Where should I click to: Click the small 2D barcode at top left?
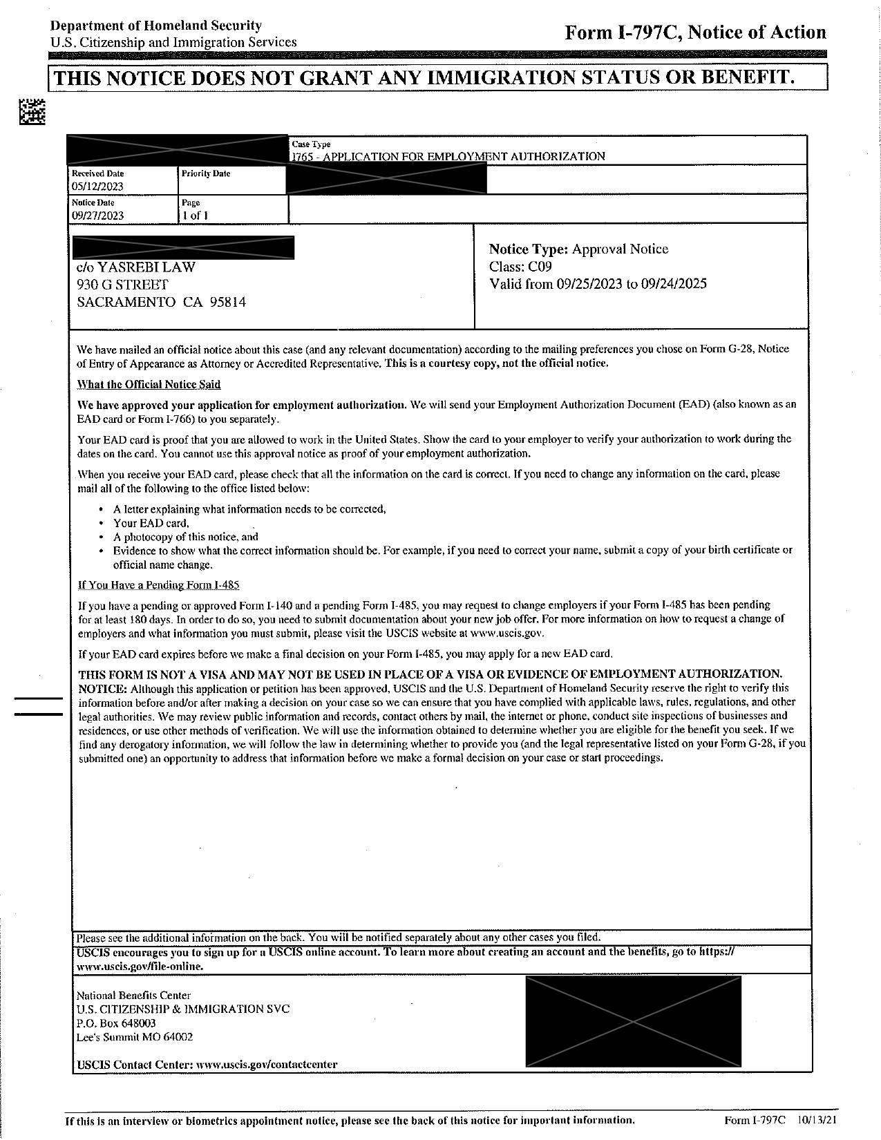pos(32,112)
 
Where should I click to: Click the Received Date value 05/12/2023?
pos(97,187)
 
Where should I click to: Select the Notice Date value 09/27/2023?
pos(97,216)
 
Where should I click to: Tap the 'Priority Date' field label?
pos(205,173)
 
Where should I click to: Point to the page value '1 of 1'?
pos(195,216)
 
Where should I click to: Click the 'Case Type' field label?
pos(311,144)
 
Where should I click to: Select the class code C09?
pos(540,267)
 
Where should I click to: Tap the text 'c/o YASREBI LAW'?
pos(136,267)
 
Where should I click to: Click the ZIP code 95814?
pos(228,302)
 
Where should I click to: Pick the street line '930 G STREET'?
pos(122,285)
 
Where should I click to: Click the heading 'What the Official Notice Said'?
pos(149,384)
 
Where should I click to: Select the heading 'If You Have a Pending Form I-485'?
pos(159,585)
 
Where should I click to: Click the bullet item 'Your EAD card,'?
pos(151,523)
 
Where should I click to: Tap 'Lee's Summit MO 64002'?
pos(135,1037)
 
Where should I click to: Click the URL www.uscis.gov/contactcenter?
pos(267,1065)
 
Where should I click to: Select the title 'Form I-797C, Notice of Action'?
pos(695,32)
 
